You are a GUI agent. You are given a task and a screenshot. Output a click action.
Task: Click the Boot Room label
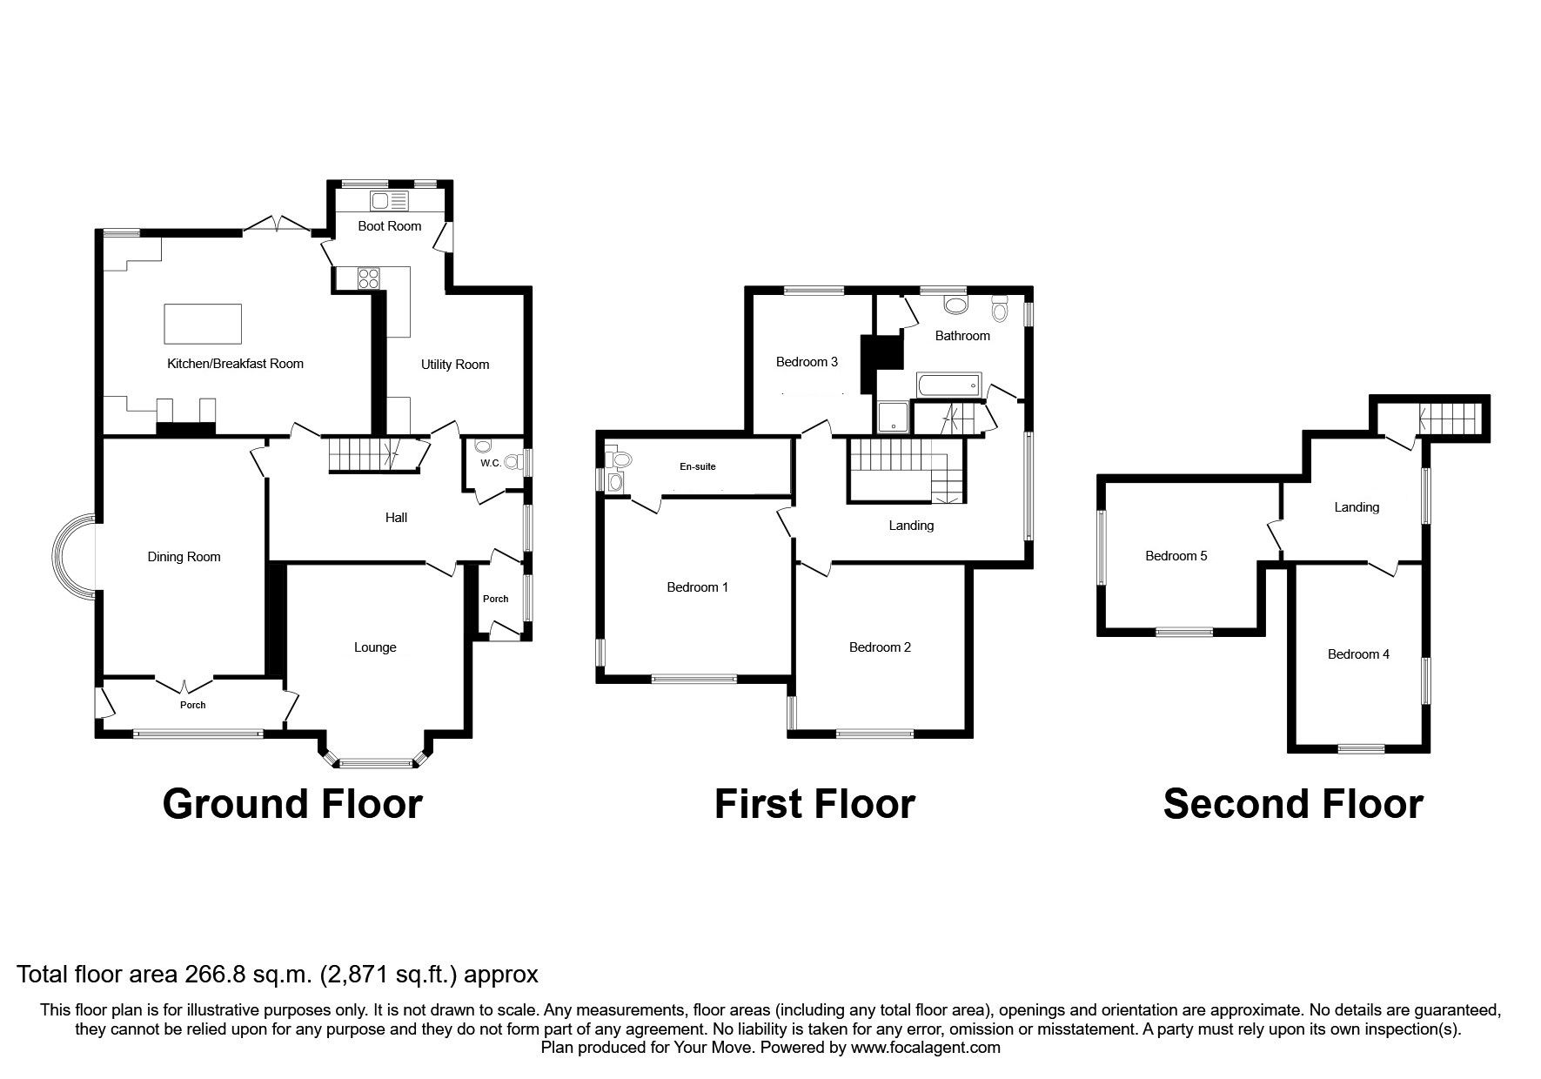[390, 226]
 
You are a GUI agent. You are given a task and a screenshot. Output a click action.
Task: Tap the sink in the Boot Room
[389, 201]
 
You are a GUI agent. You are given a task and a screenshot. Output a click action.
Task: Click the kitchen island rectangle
[203, 324]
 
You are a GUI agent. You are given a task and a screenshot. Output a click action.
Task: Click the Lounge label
[375, 647]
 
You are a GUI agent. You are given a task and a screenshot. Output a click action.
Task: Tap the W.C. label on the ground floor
[490, 463]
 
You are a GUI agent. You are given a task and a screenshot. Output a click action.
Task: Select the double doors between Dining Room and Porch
[184, 681]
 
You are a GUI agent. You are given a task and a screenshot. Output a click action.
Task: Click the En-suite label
[698, 467]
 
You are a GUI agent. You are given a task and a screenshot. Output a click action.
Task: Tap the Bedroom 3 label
[807, 362]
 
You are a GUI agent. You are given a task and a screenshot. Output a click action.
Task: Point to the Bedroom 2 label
[880, 647]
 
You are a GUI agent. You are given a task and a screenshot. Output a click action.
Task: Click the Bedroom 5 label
[1176, 556]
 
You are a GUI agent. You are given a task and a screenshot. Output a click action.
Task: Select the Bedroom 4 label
[1358, 654]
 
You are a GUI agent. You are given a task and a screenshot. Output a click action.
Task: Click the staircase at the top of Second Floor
[1451, 419]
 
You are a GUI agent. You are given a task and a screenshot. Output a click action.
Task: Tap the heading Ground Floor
[292, 804]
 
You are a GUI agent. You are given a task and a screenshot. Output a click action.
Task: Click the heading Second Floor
[1293, 804]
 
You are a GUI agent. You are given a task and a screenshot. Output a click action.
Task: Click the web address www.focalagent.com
[926, 1048]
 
